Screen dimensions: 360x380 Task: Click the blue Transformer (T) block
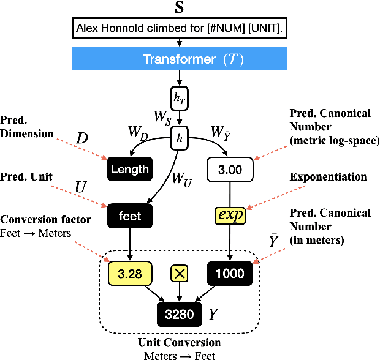point(180,59)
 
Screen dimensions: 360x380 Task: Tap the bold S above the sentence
point(179,7)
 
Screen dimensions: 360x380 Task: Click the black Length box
point(129,168)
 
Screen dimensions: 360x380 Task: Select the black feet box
point(129,216)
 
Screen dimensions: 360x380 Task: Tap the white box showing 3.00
point(230,169)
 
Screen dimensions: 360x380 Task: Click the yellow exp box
point(230,216)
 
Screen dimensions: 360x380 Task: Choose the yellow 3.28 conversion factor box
point(129,273)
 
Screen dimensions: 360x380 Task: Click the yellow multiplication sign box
point(180,274)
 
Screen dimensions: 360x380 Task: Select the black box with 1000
point(230,273)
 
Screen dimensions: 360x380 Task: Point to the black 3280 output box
point(180,315)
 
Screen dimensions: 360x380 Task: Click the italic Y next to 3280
point(213,315)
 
